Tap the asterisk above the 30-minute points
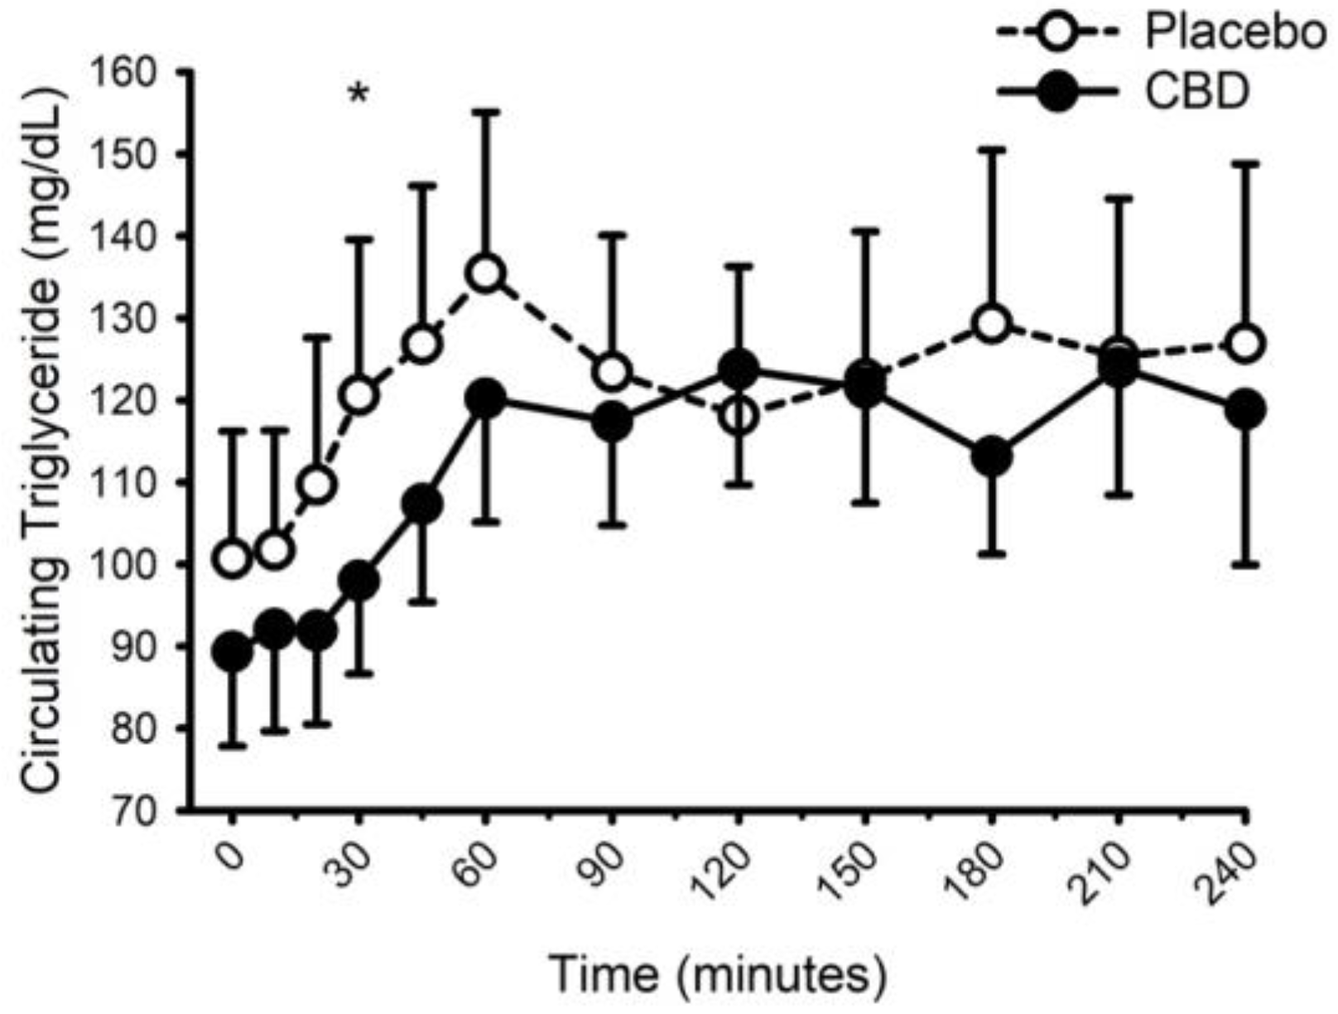click(x=358, y=94)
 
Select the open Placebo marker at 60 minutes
click(x=486, y=273)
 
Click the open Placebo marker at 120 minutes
click(x=739, y=415)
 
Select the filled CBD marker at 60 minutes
click(x=486, y=398)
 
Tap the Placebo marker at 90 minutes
click(x=612, y=373)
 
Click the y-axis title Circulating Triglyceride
click(x=43, y=439)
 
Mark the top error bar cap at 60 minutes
click(x=486, y=110)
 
